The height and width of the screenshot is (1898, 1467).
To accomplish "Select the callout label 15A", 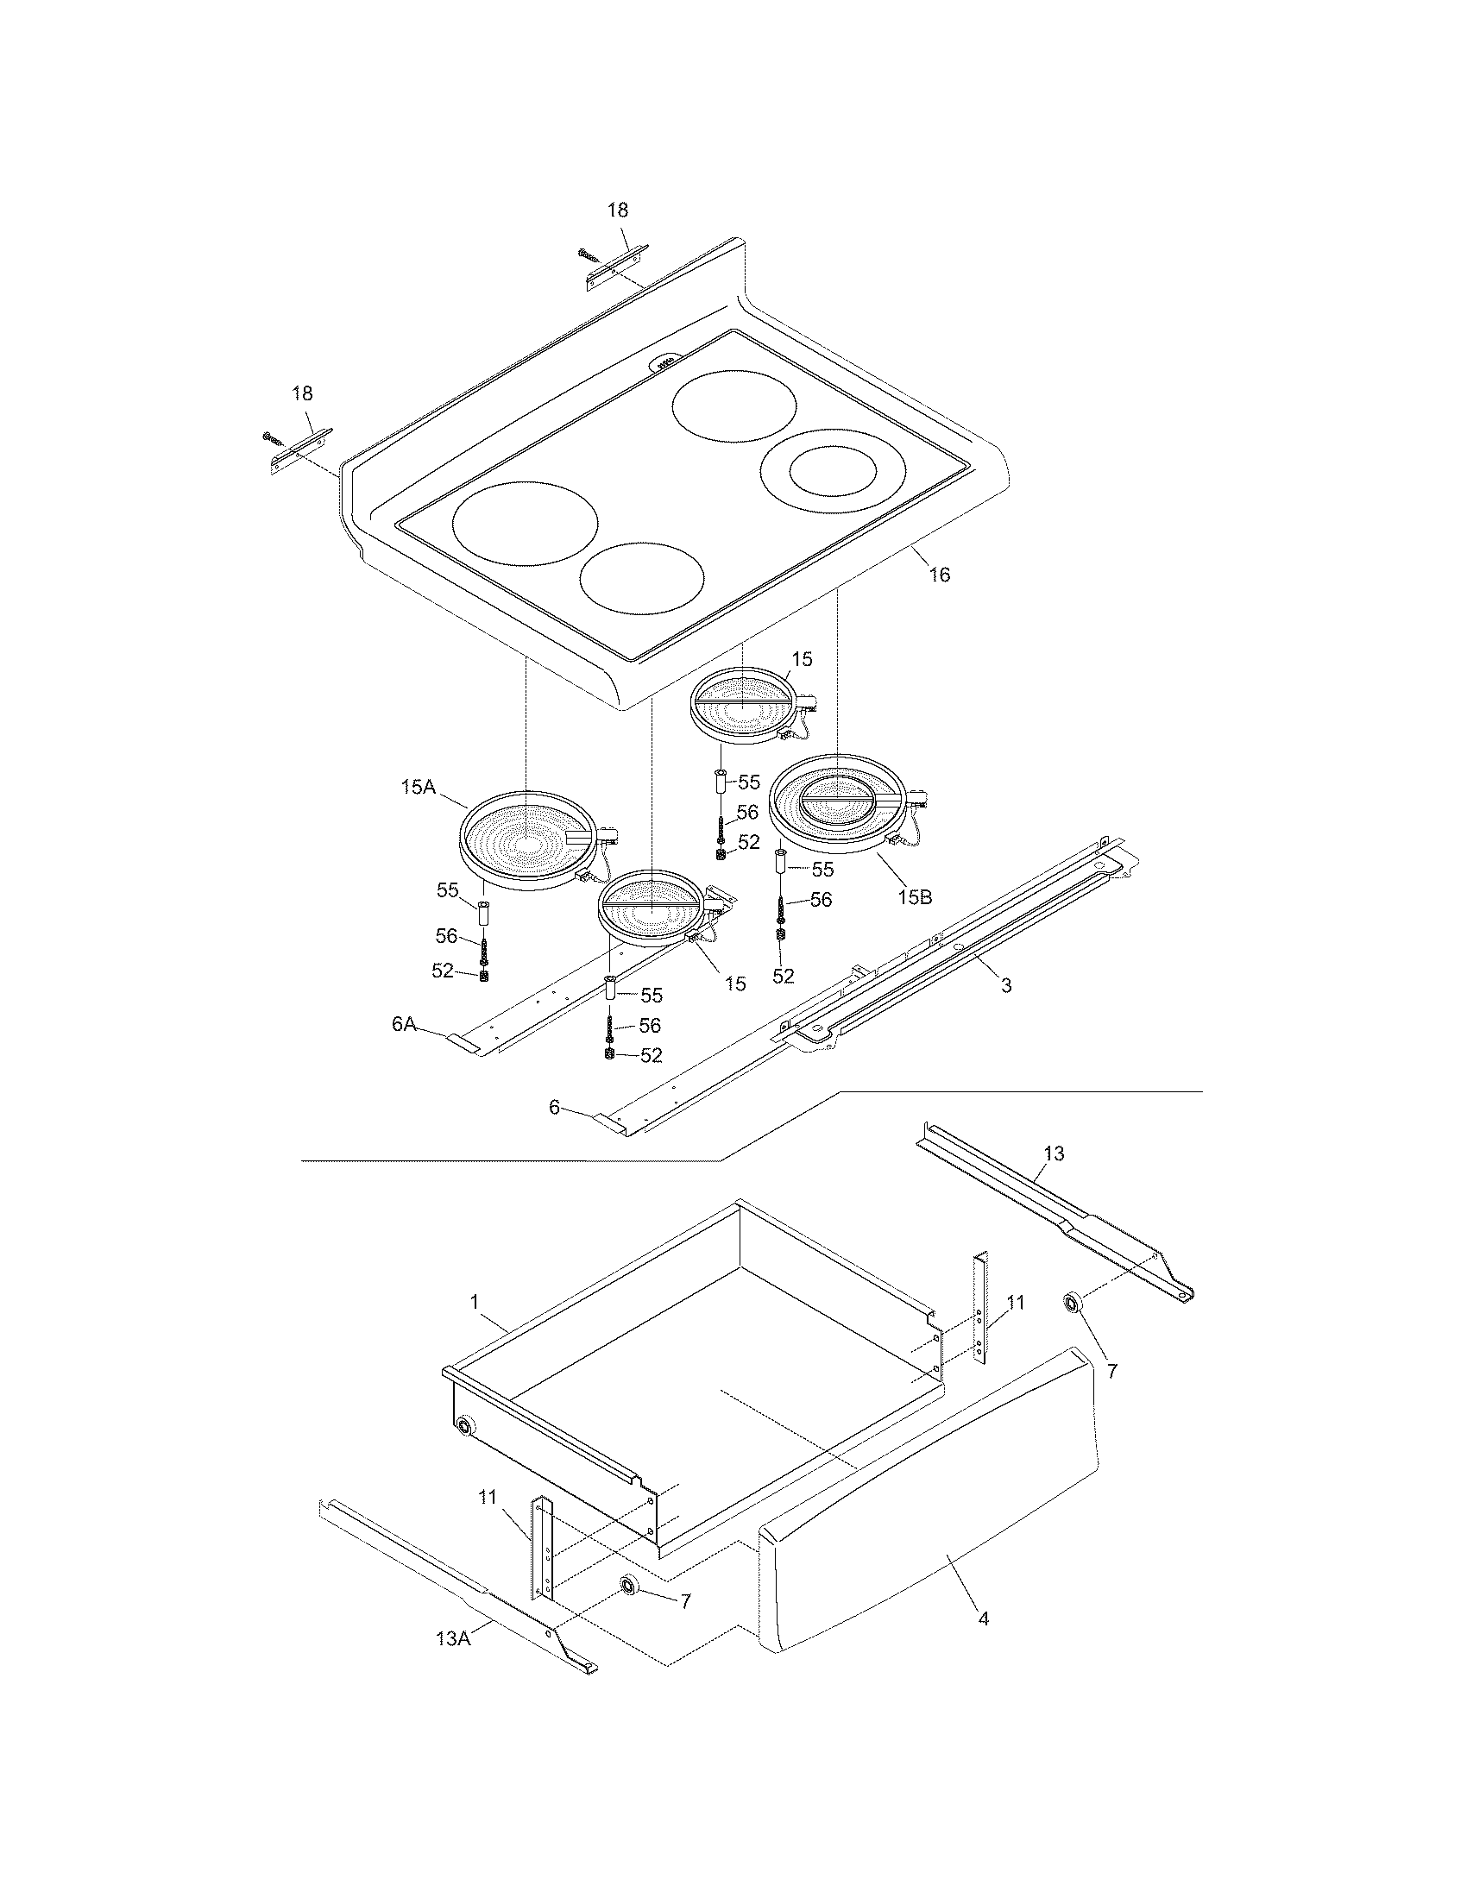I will tap(417, 788).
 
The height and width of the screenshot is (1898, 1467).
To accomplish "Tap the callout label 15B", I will tap(914, 897).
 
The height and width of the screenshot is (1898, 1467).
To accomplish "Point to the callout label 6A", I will tap(403, 1024).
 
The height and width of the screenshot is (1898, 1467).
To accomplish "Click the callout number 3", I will tap(1006, 985).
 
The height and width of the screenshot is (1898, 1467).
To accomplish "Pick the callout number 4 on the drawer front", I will tap(983, 1618).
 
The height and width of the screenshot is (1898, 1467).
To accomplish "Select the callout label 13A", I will tap(453, 1638).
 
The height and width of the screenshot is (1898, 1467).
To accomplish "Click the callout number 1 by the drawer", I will tap(474, 1301).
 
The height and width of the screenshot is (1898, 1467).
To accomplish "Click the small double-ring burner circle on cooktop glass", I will tap(833, 471).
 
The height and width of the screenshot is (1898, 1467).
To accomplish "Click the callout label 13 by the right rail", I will tap(1054, 1153).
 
